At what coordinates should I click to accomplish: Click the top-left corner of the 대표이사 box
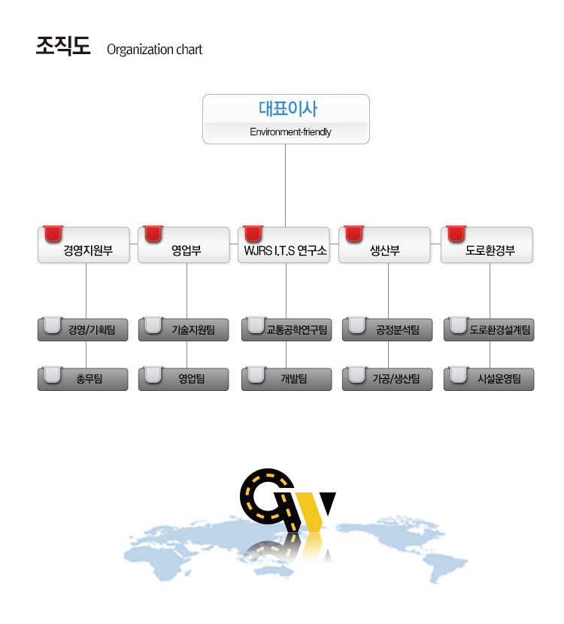point(203,95)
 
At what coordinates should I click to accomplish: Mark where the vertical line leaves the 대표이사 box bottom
point(285,144)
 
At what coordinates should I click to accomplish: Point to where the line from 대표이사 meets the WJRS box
point(285,227)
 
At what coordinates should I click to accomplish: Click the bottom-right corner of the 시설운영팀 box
point(534,390)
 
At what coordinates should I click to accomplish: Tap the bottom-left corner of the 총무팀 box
point(38,390)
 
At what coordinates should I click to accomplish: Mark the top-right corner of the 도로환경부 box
point(532,227)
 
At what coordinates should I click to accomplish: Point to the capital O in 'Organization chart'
point(111,50)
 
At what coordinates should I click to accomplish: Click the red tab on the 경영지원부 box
point(53,234)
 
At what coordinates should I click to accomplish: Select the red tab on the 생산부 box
point(354,234)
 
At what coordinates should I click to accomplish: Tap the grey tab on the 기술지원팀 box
point(153,325)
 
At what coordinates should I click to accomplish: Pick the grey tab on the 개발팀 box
point(256,375)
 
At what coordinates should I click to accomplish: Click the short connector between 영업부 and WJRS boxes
point(234,244)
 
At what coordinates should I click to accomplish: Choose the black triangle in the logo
point(327,502)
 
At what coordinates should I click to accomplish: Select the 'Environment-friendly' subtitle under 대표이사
point(290,132)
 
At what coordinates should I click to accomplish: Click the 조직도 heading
point(63,46)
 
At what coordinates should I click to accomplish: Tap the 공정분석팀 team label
point(398,330)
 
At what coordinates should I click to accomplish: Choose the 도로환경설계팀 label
point(500,330)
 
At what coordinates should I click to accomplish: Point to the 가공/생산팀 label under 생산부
point(396,378)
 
